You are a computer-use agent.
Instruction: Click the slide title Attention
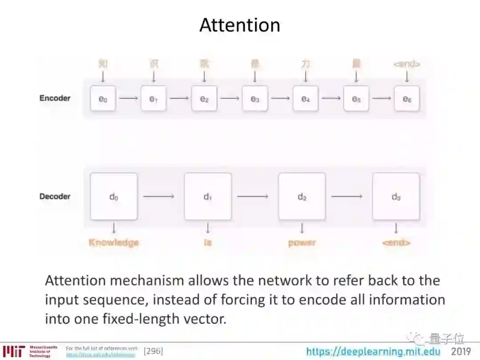pos(240,25)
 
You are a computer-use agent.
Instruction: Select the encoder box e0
pos(103,99)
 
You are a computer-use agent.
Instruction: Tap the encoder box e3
pos(255,99)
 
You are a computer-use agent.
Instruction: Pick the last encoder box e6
pos(407,99)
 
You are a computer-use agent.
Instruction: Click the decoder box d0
pos(114,196)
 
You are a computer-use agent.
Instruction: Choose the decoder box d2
pos(302,196)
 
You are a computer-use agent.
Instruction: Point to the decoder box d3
pos(396,196)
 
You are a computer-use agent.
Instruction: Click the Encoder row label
pos(55,98)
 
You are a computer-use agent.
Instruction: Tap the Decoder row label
pos(55,196)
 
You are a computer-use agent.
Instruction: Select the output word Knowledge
pos(114,243)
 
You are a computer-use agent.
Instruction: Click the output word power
pos(302,243)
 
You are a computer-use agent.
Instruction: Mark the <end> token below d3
pos(396,243)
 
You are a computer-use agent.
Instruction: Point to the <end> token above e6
pos(407,64)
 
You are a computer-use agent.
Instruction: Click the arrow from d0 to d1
pos(159,196)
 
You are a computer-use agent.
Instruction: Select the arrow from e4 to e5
pos(331,98)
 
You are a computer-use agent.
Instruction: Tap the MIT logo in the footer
pos(13,351)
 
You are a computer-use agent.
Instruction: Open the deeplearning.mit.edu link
pos(373,352)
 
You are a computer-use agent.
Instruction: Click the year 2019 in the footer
pos(461,352)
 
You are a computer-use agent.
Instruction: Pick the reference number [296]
pos(153,352)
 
